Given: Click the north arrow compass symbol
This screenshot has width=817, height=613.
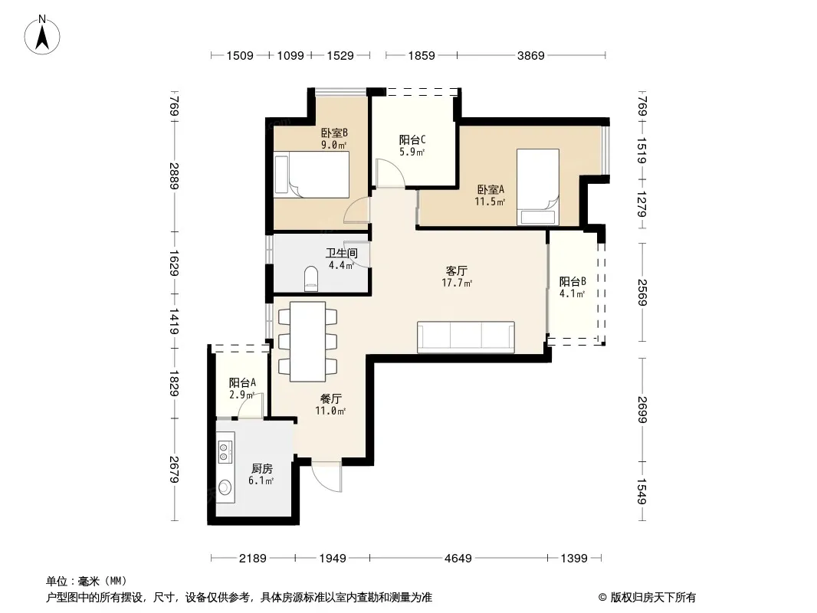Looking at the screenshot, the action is coord(42,35).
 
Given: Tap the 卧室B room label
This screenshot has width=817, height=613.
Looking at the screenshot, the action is coord(334,133).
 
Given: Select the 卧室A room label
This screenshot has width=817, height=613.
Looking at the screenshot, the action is coord(491,189).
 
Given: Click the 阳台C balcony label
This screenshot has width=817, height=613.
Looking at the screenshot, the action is coord(412,139).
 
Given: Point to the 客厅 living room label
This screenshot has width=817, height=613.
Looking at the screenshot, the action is coord(457,270).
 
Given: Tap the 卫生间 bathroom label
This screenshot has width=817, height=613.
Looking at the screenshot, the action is coord(342,253).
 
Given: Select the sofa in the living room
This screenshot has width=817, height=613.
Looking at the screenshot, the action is coord(466,337).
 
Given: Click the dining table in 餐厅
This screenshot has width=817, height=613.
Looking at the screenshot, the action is coord(307,342).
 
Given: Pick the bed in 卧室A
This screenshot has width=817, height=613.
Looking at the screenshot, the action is coord(538,187).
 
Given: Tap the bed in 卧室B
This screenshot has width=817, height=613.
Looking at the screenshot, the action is coord(312,175).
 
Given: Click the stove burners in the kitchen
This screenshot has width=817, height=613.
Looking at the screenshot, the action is coord(225,451).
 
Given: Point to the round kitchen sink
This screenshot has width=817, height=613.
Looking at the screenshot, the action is coord(225,487).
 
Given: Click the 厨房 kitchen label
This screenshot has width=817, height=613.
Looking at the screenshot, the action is coord(261,469).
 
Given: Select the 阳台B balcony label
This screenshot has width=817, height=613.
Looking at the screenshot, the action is coord(573,282).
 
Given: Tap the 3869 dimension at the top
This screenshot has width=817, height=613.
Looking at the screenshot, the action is coord(530,55).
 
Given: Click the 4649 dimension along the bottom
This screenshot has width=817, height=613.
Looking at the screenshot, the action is coord(458,559).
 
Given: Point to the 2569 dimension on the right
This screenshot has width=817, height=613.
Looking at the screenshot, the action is coord(642,293).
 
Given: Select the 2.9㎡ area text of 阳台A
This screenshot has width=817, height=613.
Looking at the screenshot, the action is coord(241,395).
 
